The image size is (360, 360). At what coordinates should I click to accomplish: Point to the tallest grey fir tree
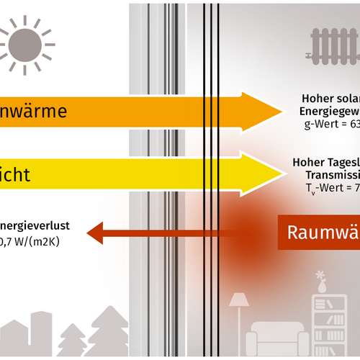point(106,331)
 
